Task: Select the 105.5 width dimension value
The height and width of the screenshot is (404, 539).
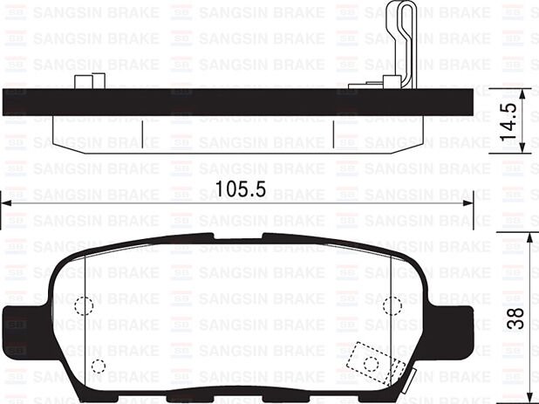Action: [x=240, y=188]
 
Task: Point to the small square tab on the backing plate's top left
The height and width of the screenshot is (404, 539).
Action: [x=85, y=82]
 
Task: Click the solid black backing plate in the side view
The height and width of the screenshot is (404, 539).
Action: [x=235, y=101]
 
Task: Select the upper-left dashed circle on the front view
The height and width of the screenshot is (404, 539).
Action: [x=84, y=306]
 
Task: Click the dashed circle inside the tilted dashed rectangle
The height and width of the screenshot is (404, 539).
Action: [x=371, y=364]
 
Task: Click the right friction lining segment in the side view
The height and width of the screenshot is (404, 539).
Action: [x=379, y=132]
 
